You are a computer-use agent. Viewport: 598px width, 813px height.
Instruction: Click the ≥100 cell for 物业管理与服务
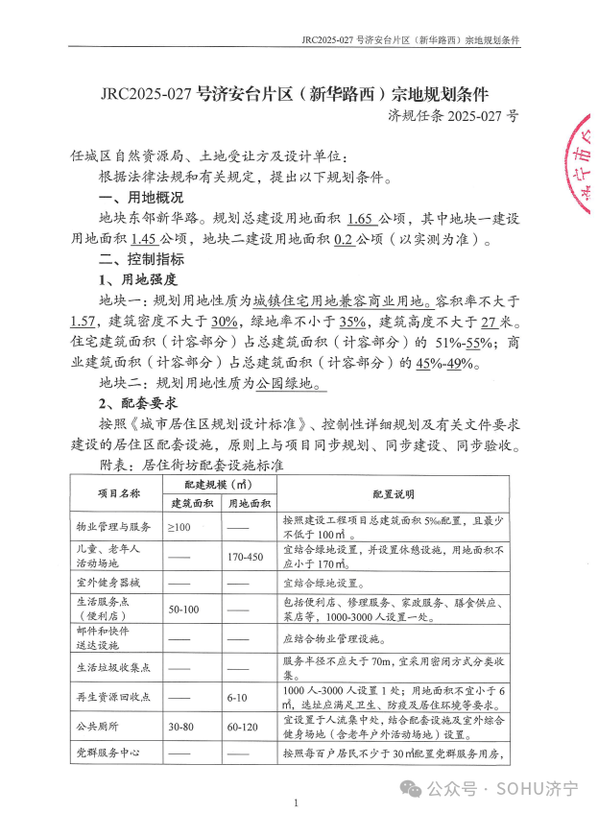click(179, 527)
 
